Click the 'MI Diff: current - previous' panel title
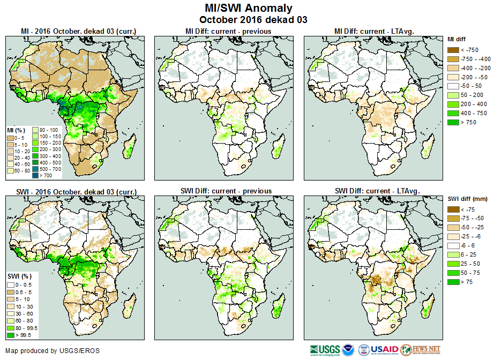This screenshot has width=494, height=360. [x=228, y=31]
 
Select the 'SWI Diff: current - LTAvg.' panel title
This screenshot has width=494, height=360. [x=376, y=191]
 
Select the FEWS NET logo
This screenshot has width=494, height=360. [x=420, y=350]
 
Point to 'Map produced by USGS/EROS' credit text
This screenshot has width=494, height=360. [x=53, y=351]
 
